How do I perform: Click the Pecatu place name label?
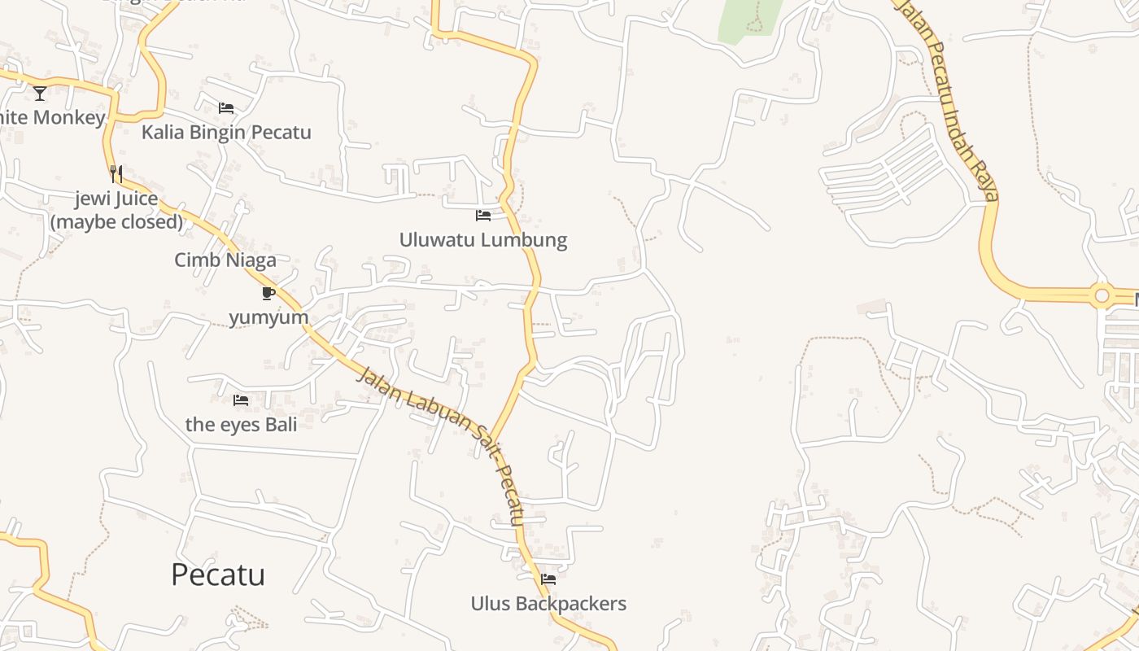pos(218,575)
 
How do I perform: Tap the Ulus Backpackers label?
pos(548,604)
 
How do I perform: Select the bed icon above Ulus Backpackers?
pos(548,579)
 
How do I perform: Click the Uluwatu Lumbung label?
pos(482,240)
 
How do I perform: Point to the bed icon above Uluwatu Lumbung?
pos(483,216)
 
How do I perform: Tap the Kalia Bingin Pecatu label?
pos(226,132)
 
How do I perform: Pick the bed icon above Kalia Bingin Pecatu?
pos(226,107)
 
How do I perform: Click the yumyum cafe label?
pos(268,317)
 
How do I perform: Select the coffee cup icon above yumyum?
pos(268,293)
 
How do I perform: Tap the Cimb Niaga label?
pos(225,260)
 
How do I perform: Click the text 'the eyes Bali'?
pos(241,424)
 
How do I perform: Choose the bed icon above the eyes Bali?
pos(241,400)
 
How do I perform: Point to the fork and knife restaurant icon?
pos(116,173)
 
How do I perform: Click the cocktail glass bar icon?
pos(40,93)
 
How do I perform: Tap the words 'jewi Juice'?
pos(116,199)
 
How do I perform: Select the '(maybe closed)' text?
pos(116,221)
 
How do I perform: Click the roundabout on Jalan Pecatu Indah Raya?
pos(1102,295)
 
